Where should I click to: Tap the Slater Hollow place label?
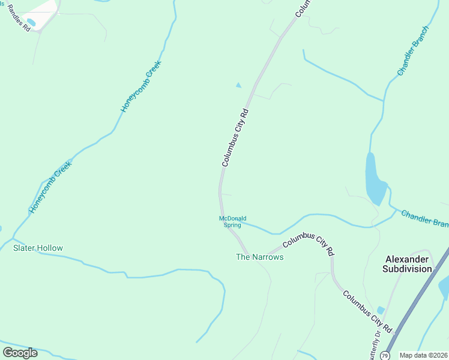tap(38, 248)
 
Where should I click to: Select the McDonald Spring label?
tap(232, 222)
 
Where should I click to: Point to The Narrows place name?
tap(259, 257)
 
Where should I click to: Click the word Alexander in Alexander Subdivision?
tap(407, 259)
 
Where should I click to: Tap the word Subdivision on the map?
tap(407, 269)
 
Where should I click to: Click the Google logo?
tap(20, 353)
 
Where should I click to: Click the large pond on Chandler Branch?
tap(374, 179)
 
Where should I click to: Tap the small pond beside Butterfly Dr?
tap(381, 310)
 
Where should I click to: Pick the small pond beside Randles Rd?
tap(31, 23)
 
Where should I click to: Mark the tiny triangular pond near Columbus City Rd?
tap(238, 85)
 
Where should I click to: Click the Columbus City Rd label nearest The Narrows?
tap(308, 246)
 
